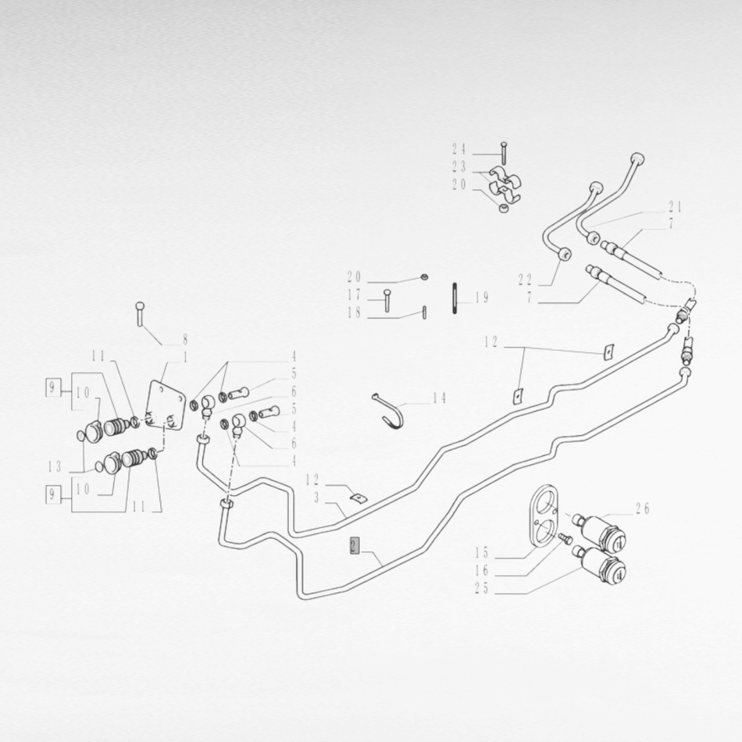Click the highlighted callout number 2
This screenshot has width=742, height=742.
pos(355,546)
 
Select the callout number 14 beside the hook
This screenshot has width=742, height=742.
pos(439,398)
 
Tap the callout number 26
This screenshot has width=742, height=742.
pos(642,508)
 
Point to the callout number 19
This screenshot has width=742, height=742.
pos(482,298)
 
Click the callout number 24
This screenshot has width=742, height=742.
pos(459,149)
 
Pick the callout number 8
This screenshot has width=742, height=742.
pos(185,339)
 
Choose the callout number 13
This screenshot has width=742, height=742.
pos(55,467)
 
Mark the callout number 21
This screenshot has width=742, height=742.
pos(675,207)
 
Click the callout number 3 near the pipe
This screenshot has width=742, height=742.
pos(316,498)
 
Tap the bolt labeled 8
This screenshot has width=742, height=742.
pos(139,313)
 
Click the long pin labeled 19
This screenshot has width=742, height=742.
pos(455,298)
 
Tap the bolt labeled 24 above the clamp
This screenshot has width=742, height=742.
pos(503,152)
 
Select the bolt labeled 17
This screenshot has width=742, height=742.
pos(387,300)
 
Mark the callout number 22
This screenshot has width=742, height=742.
pos(525,280)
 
